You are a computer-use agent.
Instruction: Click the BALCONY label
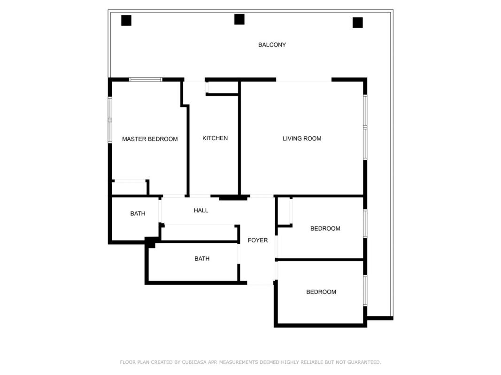pos(272,45)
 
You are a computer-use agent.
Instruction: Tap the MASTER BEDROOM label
pos(150,139)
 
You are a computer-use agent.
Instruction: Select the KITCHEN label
pos(215,138)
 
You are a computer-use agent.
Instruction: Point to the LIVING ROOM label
pos(302,138)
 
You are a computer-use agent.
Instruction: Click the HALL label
pos(201,210)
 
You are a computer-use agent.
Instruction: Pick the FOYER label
pos(258,240)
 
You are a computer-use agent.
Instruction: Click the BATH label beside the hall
pos(138,214)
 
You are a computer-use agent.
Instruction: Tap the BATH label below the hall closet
pos(202,259)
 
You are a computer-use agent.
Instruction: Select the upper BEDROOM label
pos(325,229)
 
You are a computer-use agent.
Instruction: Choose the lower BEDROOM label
pos(321,292)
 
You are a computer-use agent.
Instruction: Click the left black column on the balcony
pos(126,21)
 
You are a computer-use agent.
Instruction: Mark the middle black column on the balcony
pos(239,19)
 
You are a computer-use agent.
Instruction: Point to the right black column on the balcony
pos(357,22)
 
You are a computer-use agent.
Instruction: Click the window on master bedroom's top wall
pos(146,80)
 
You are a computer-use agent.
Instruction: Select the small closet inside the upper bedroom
pos(284,211)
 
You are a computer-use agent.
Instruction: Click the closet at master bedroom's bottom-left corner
pos(129,188)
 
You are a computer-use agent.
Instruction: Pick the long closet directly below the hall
pos(200,233)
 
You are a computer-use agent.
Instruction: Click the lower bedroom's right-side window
pos(365,291)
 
